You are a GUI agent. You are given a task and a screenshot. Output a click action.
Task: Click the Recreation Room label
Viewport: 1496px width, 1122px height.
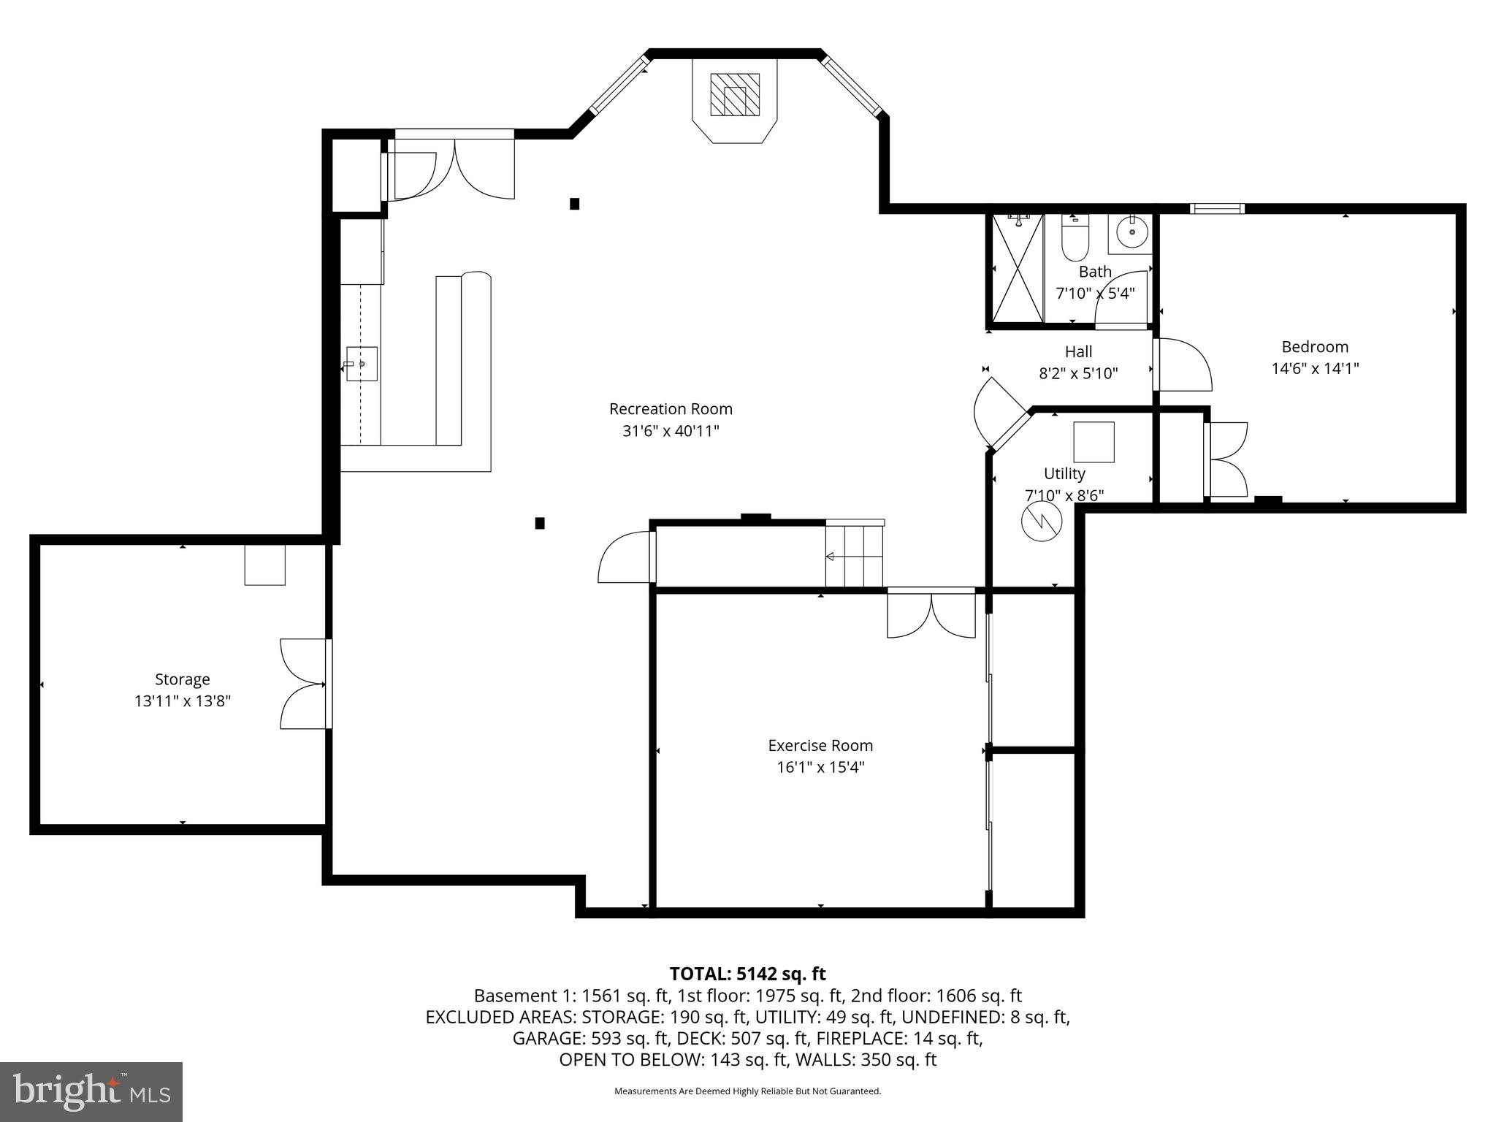pyautogui.click(x=671, y=409)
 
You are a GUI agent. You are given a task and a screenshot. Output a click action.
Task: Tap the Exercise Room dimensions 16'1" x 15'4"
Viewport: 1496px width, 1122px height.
pyautogui.click(x=820, y=767)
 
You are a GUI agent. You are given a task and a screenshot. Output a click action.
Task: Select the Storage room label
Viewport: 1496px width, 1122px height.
pyautogui.click(x=182, y=679)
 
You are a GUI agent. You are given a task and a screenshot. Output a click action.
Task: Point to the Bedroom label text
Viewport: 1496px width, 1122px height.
pyautogui.click(x=1315, y=347)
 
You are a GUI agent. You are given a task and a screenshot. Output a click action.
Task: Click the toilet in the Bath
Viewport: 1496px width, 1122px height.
pyautogui.click(x=1075, y=240)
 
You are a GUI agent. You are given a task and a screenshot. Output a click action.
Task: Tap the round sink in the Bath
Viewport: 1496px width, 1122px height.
pyautogui.click(x=1131, y=232)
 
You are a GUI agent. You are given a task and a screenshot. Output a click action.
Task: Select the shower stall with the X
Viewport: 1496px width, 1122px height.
pyautogui.click(x=1016, y=270)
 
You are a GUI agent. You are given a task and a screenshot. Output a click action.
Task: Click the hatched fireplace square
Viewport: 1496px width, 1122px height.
pyautogui.click(x=734, y=94)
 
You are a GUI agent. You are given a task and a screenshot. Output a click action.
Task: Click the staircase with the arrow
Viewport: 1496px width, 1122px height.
pyautogui.click(x=855, y=555)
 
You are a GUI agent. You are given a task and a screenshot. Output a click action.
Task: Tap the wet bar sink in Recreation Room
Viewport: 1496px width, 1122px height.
pyautogui.click(x=361, y=364)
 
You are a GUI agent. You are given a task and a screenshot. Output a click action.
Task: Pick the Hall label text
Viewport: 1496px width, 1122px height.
pyautogui.click(x=1078, y=352)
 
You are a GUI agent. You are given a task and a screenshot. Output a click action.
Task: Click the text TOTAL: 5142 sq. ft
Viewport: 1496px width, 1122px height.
pyautogui.click(x=747, y=974)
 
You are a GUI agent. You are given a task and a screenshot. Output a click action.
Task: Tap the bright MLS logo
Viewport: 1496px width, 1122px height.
pyautogui.click(x=91, y=1091)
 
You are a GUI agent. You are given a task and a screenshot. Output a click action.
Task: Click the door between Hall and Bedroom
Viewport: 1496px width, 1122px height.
pyautogui.click(x=1182, y=364)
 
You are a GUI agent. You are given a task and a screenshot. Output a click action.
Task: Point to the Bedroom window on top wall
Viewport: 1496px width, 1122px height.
pyautogui.click(x=1216, y=209)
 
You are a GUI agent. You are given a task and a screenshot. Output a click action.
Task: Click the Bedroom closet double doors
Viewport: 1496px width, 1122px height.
pyautogui.click(x=1227, y=460)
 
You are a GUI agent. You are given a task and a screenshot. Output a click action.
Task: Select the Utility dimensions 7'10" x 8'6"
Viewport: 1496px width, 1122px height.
pyautogui.click(x=1064, y=495)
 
